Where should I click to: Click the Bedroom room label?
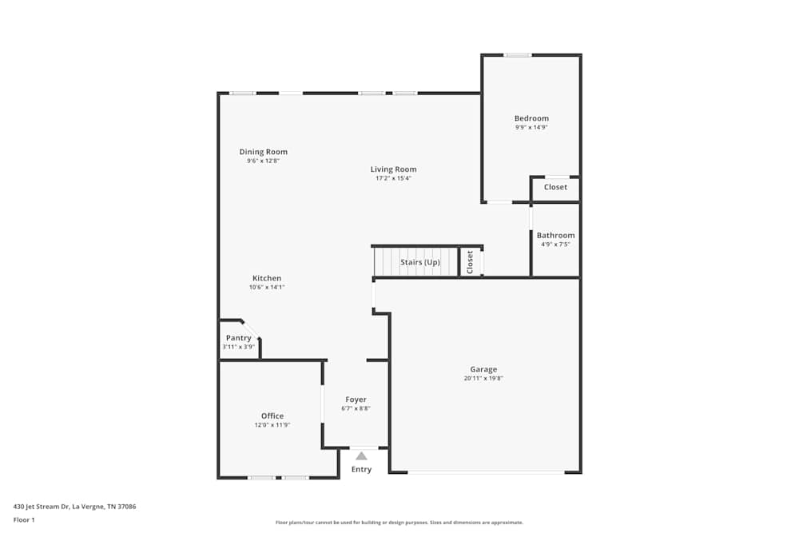[x=531, y=118]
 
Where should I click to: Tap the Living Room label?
[x=393, y=169]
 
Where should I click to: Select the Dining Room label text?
[x=263, y=152]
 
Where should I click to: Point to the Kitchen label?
[x=267, y=278]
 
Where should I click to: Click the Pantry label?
[x=238, y=338]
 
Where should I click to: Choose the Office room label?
[x=272, y=416]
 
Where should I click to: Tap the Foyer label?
[x=356, y=400]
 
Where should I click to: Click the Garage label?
[x=483, y=369]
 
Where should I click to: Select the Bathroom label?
[x=555, y=235]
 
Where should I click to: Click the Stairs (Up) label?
[x=419, y=262]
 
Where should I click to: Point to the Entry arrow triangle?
[x=361, y=456]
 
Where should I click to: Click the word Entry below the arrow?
[x=361, y=469]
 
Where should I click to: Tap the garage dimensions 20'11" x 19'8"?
[x=483, y=378]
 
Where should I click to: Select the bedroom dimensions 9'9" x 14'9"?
[x=531, y=127]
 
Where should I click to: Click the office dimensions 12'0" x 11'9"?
[x=272, y=425]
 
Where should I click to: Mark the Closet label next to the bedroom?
[x=555, y=187]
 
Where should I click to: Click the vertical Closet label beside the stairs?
[x=470, y=262]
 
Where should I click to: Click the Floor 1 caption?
[x=24, y=519]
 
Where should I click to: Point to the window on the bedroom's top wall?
[x=517, y=55]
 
